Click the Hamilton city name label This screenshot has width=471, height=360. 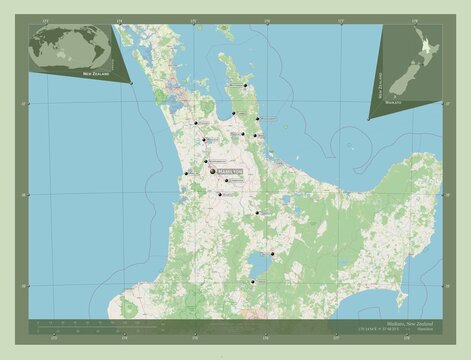tap(231, 170)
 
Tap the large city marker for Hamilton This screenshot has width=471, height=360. tap(213, 170)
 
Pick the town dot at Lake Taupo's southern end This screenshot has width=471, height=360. tap(253, 282)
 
